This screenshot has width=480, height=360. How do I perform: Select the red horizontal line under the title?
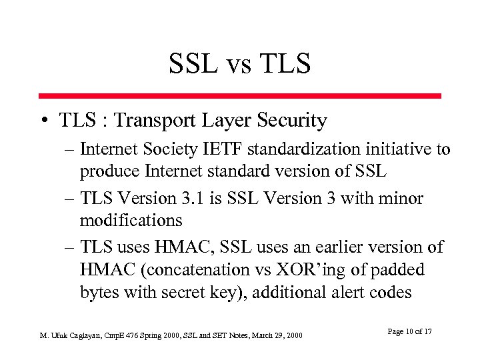(x=239, y=96)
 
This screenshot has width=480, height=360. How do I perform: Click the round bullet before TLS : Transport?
(x=43, y=122)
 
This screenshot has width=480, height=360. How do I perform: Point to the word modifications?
(x=131, y=219)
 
